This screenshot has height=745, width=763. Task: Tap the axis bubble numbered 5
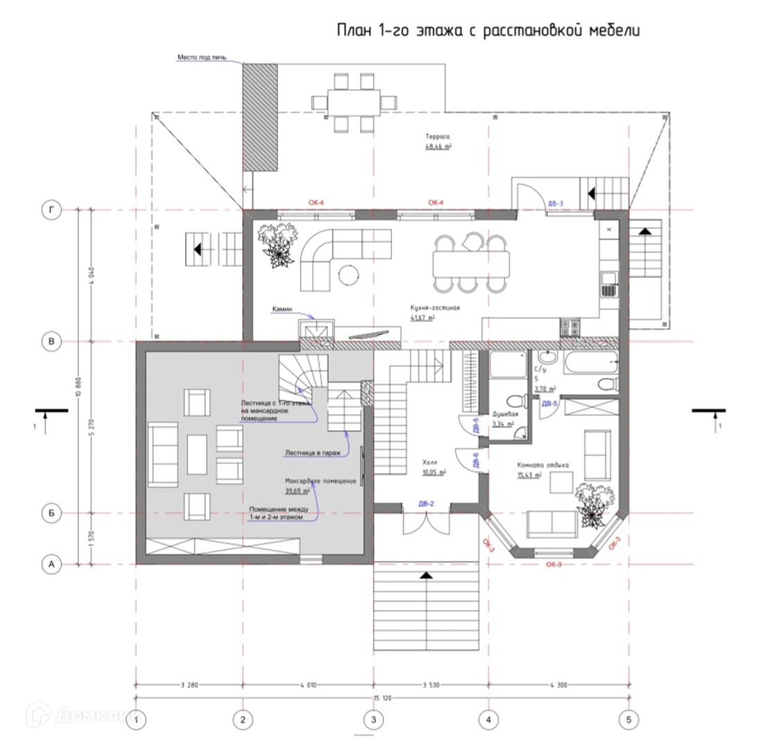pos(628,720)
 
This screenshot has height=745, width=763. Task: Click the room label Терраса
pos(438,137)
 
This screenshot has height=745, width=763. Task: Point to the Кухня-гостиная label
pos(435,309)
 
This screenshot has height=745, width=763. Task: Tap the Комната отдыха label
pos(542,466)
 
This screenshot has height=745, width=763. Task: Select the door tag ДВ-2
pos(426,504)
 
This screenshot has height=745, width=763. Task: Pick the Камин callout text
pos(283,309)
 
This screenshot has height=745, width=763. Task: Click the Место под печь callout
pos(201,58)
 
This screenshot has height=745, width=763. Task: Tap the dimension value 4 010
pos(308,685)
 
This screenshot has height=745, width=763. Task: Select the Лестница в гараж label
pos(312,454)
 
